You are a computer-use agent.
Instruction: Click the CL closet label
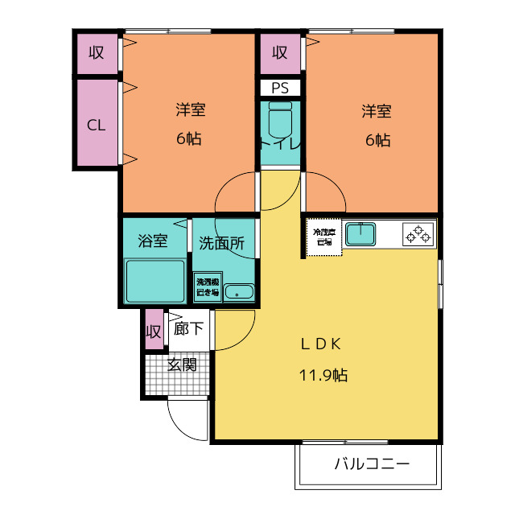[x=96, y=125]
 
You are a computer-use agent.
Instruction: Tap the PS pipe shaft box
[x=279, y=88]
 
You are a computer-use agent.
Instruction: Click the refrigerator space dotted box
[x=323, y=236]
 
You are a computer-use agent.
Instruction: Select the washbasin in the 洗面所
[x=238, y=291]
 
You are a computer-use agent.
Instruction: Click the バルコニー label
[x=371, y=464]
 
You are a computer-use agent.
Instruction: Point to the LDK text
[x=322, y=344]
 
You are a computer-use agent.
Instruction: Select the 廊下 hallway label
[x=188, y=329]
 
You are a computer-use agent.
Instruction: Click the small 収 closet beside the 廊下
[x=154, y=331]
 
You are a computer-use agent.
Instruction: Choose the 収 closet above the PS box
[x=279, y=54]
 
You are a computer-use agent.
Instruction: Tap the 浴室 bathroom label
[x=152, y=241]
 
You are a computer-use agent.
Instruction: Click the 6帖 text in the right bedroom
[x=377, y=140]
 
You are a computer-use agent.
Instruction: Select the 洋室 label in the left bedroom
[x=190, y=109]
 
